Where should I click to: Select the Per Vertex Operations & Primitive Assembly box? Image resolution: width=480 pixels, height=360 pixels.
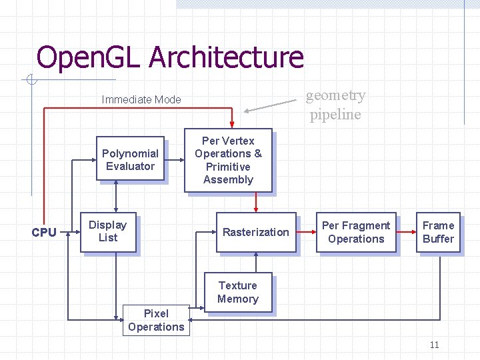(228, 160)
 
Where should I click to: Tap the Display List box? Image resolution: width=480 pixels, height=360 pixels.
(107, 232)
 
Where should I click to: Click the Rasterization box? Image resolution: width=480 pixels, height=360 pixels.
(255, 232)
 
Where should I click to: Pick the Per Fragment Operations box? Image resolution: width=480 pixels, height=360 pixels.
(356, 232)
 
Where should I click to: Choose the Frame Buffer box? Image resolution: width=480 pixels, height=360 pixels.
(438, 232)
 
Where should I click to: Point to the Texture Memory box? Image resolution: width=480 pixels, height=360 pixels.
(237, 292)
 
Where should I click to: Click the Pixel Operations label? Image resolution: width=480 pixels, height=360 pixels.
(156, 320)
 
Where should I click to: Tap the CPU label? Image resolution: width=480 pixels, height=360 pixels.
(44, 233)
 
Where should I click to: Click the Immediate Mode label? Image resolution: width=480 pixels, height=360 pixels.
(141, 100)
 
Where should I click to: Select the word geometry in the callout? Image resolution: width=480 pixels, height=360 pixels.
(335, 95)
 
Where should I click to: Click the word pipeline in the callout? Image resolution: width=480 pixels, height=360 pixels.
(335, 115)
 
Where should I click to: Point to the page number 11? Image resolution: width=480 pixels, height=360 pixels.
(434, 345)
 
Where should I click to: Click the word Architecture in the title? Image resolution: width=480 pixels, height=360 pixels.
(226, 57)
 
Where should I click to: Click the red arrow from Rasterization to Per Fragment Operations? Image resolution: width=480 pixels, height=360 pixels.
(307, 232)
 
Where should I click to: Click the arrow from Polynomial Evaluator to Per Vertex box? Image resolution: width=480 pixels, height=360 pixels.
(175, 160)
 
